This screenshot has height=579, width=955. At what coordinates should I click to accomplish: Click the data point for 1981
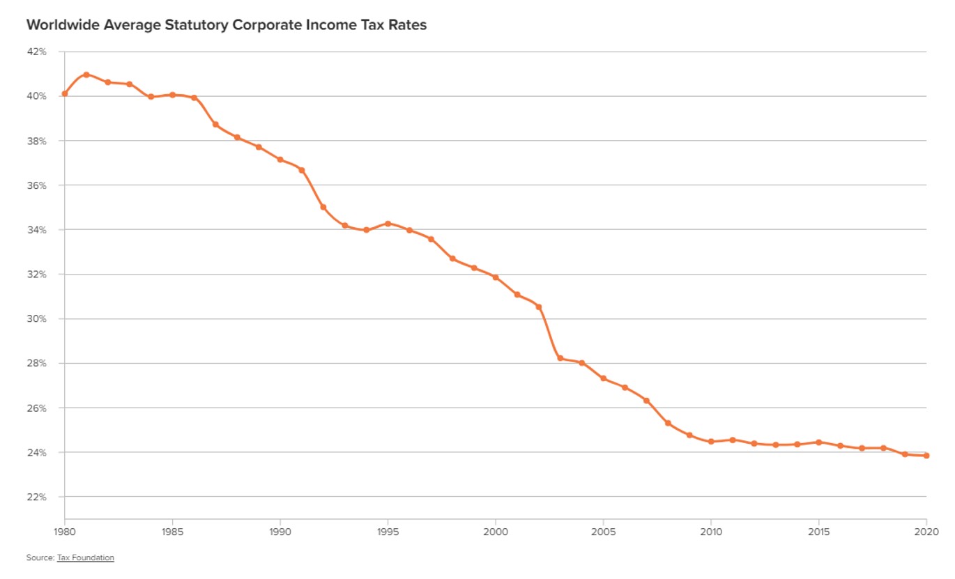point(86,75)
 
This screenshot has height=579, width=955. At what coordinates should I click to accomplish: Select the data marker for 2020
point(926,456)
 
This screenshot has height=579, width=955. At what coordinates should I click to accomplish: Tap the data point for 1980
point(65,93)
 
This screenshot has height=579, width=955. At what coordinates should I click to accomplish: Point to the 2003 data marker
point(560,358)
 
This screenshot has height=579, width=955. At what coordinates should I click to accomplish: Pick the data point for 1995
point(388,224)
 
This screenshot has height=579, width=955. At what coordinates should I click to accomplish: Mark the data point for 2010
point(711,442)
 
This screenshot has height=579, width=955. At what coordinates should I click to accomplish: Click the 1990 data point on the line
point(280,160)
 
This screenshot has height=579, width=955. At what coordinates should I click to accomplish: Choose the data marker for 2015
point(818,442)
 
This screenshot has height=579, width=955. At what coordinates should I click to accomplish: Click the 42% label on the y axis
point(37,52)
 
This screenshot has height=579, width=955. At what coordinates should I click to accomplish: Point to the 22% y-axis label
point(37,497)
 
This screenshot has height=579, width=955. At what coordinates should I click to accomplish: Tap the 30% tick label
point(37,318)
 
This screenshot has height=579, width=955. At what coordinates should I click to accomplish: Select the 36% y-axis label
point(37,185)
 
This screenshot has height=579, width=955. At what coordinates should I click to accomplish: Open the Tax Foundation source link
point(85,557)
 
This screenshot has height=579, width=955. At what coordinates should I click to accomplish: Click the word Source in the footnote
point(39,557)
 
